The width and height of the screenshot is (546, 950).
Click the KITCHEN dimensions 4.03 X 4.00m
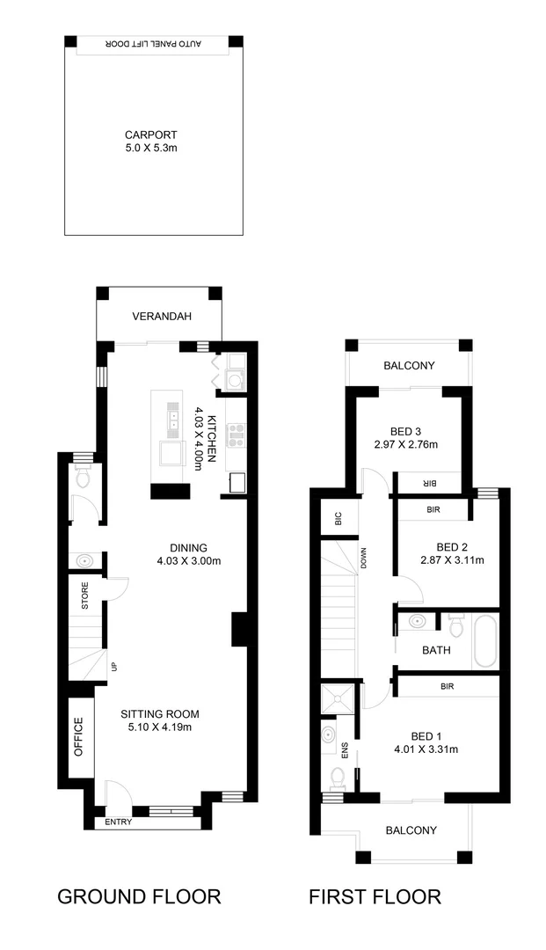click(x=199, y=437)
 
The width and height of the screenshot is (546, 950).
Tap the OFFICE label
click(x=78, y=737)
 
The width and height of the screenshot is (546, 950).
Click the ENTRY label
click(x=119, y=822)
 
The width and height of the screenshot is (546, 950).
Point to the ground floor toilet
click(x=84, y=479)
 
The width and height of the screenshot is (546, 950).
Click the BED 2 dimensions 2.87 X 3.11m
click(x=448, y=559)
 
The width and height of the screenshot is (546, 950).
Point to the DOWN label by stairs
click(x=362, y=559)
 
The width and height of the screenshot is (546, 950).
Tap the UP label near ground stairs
click(x=113, y=668)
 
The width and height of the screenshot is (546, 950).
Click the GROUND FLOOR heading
click(x=139, y=896)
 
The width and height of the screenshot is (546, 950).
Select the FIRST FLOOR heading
click(x=375, y=896)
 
